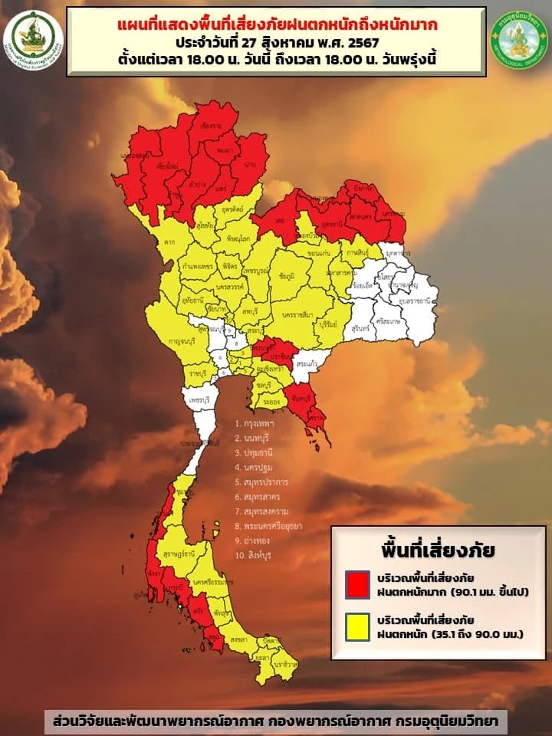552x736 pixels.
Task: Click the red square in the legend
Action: tap(355, 584)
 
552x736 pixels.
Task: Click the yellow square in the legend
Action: tap(355, 626)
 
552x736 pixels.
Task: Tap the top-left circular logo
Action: tap(33, 37)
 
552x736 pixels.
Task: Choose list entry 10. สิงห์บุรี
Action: tap(258, 554)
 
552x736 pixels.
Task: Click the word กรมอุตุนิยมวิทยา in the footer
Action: tap(458, 722)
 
